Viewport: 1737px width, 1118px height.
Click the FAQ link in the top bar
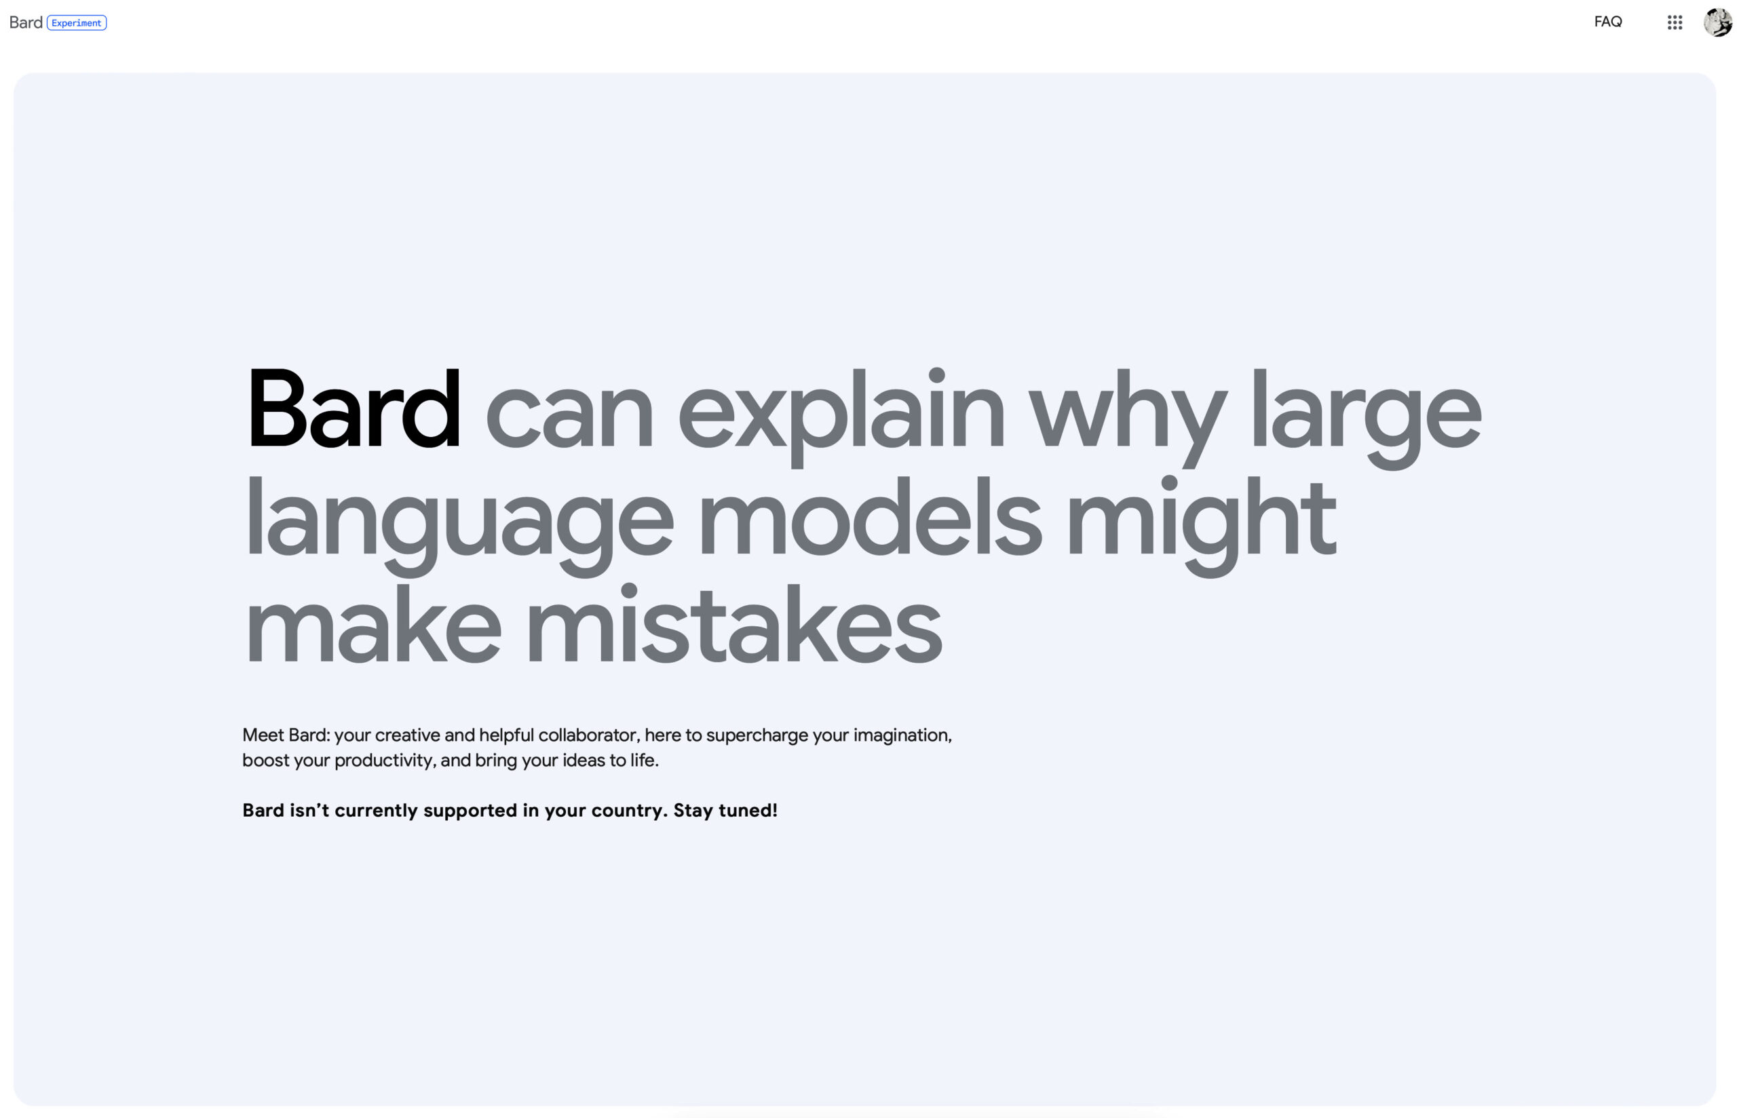point(1607,22)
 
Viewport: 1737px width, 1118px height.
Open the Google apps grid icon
point(1674,22)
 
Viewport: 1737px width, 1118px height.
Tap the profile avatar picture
point(1717,22)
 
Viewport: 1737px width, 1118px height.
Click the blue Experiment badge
point(76,22)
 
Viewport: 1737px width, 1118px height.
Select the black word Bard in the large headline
point(353,408)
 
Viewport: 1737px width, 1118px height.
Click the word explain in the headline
point(841,417)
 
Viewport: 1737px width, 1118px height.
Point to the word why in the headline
point(1127,417)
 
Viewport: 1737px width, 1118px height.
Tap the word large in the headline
point(1365,417)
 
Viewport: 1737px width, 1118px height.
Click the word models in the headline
point(870,516)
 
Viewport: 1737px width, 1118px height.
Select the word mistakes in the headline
point(734,623)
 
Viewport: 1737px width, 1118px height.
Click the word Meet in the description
point(263,735)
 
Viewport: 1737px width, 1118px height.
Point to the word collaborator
point(589,735)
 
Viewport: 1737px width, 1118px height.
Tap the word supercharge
point(757,736)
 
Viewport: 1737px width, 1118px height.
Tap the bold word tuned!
point(748,810)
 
